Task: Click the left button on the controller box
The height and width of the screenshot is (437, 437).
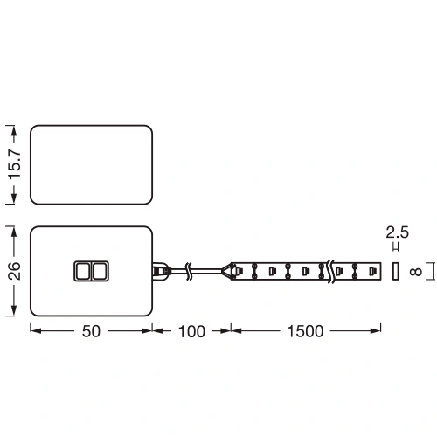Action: (82, 272)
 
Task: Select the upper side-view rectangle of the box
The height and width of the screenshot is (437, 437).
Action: (92, 164)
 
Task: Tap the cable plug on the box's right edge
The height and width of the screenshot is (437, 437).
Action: (160, 271)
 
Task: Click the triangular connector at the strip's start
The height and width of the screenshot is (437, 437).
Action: (232, 271)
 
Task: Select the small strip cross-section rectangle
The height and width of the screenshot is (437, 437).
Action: (395, 271)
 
